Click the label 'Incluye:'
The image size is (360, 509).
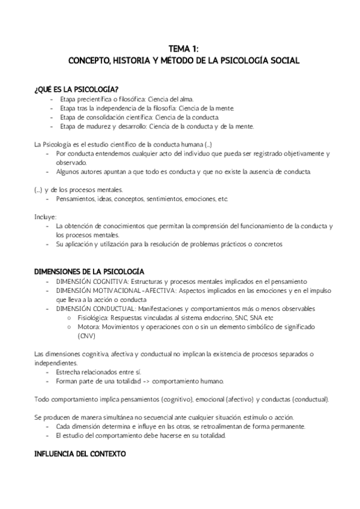(46, 216)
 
